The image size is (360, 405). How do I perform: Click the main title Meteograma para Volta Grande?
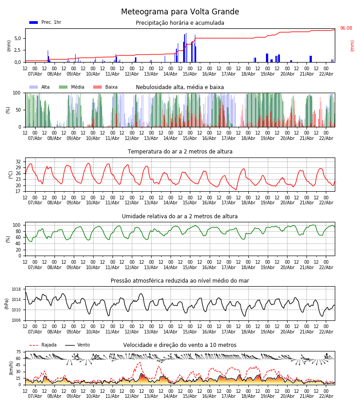(x=180, y=12)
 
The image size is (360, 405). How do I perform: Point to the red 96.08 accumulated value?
(x=346, y=28)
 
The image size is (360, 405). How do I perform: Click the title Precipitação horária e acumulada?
(x=180, y=23)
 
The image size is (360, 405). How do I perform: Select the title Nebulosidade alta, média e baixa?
(x=180, y=87)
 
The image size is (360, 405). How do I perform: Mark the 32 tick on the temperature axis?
(x=18, y=162)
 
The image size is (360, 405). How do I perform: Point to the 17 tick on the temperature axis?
(x=18, y=191)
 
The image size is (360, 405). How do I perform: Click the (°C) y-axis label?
(x=11, y=175)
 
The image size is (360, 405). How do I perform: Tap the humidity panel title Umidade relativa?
(x=180, y=216)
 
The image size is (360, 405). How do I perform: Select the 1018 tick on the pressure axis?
(x=16, y=289)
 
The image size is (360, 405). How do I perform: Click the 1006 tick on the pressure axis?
(x=16, y=320)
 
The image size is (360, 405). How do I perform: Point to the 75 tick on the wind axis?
(x=18, y=352)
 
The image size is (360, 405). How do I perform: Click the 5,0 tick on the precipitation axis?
(x=17, y=38)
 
